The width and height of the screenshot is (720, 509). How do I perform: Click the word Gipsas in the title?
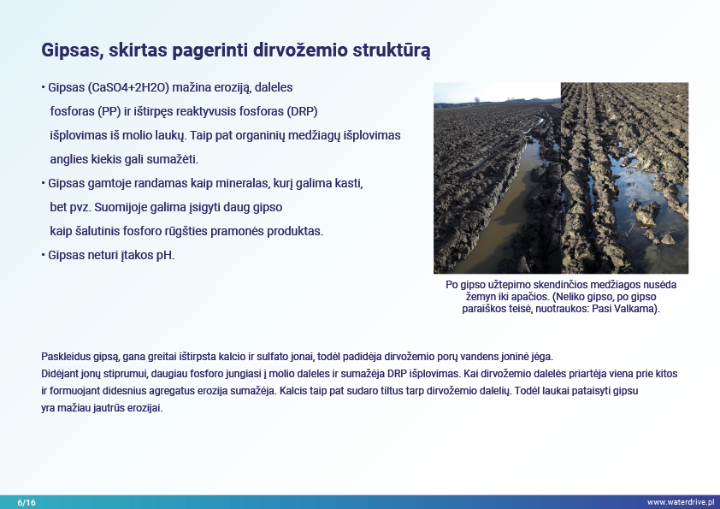tap(71, 50)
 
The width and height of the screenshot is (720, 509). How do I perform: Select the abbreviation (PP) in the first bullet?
tap(112, 112)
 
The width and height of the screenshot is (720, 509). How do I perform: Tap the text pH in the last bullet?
tap(165, 255)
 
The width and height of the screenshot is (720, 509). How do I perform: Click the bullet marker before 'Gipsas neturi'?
tap(43, 255)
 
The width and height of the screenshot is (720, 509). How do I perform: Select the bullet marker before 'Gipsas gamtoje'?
tap(43, 184)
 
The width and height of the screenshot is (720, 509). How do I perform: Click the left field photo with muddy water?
tap(497, 178)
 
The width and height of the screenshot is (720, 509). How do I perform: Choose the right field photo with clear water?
tap(624, 178)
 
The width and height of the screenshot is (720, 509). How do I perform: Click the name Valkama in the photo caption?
tap(638, 308)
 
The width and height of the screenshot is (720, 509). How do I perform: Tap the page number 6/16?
tap(27, 501)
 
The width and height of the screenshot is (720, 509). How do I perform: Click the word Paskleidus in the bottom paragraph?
tap(64, 356)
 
